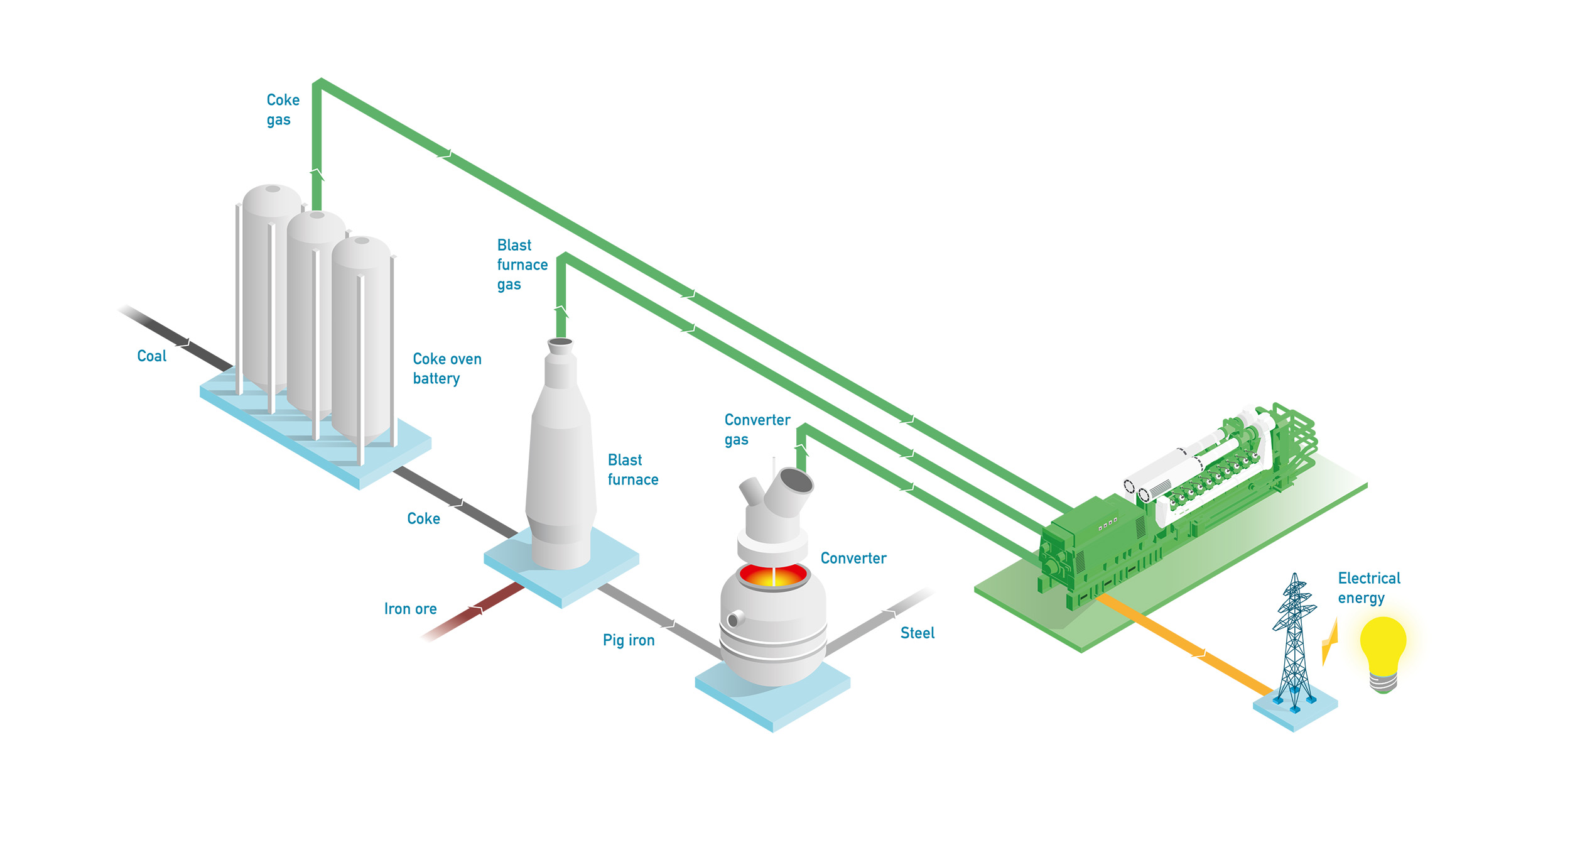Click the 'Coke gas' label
[283, 109]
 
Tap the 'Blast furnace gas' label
[521, 264]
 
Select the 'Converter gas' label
[756, 429]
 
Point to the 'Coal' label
[151, 356]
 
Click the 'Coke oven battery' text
[447, 368]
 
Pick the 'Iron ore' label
[410, 609]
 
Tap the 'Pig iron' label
[628, 640]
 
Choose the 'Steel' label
[917, 633]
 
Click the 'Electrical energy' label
[1368, 587]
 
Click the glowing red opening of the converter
[772, 575]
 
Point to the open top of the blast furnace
[560, 342]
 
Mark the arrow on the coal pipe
[183, 344]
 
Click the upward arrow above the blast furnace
[561, 311]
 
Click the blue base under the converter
[772, 704]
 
